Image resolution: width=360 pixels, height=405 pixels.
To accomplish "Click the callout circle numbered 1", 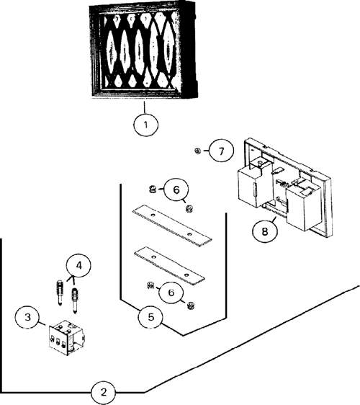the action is coord(145,125).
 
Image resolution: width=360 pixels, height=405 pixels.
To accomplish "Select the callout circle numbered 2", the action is coord(103,392).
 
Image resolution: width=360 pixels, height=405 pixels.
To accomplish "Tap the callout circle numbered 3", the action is coord(27,316).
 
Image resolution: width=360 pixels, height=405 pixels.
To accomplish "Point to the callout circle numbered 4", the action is coord(78,265).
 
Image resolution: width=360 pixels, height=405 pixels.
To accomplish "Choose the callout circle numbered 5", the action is coord(150,316).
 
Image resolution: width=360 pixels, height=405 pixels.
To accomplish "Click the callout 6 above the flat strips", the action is coord(176,190).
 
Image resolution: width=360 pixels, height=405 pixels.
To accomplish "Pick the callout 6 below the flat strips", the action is coord(171,293).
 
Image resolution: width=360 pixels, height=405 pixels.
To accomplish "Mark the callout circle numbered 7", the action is coord(222,151).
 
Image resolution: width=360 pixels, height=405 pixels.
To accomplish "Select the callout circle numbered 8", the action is coord(265,231).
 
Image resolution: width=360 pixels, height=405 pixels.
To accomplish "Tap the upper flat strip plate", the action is coord(172,226).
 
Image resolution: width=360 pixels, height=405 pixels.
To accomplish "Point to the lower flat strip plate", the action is coord(169,266).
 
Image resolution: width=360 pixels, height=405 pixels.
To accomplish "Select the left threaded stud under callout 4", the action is coord(59,293).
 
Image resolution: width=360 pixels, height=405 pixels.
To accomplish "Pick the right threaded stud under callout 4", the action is coord(75,301).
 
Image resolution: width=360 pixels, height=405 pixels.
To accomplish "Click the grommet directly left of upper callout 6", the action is coord(153,190).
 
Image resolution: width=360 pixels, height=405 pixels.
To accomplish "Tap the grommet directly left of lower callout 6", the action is coord(150,285).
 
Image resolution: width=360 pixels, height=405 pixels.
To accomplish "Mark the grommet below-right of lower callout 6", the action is coord(191,306).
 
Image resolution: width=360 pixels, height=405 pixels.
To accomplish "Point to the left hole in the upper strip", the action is coord(153,215).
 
